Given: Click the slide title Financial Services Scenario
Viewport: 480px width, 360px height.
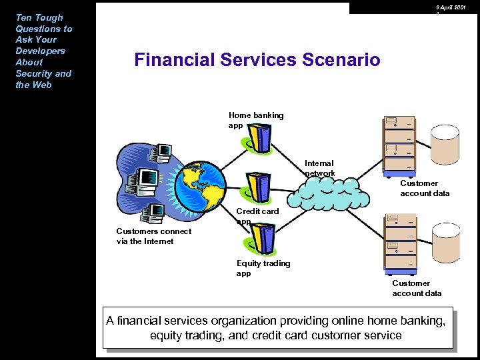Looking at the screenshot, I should [257, 60].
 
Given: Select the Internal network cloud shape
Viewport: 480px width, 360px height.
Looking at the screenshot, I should [331, 191].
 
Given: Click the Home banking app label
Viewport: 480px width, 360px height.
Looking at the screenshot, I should [255, 120].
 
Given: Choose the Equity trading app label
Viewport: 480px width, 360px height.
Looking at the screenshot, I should [263, 268].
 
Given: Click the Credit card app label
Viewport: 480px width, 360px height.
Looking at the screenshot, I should [257, 216].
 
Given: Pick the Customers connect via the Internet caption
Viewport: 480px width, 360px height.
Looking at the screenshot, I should [153, 236].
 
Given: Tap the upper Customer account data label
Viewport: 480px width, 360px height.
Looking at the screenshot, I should [425, 188].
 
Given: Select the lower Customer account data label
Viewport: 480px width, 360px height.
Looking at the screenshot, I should [417, 288].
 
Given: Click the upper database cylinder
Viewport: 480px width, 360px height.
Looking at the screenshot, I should [445, 143].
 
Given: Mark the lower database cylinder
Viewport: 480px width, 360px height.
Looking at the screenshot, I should [445, 241].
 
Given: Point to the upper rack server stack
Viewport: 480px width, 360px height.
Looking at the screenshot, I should [399, 145].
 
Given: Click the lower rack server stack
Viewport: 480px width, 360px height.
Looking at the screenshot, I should [400, 244].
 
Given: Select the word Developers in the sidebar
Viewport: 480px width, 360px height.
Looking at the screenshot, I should [40, 51].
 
